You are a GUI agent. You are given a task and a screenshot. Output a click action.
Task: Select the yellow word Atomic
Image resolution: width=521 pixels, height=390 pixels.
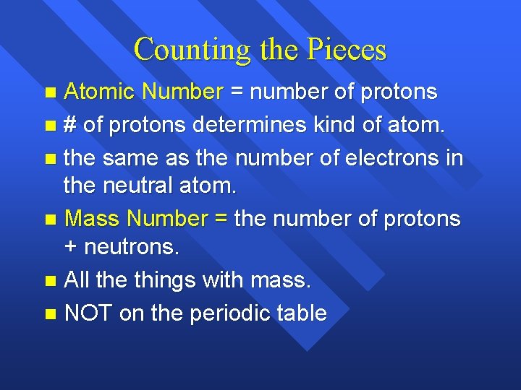101,92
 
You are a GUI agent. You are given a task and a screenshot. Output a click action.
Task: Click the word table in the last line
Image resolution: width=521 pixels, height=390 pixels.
304,313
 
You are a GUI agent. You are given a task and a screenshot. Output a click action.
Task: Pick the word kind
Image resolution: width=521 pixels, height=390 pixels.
342,124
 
